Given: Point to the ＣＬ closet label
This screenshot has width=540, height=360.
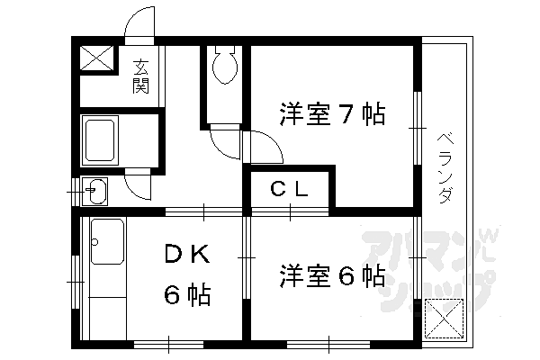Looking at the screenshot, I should point(291,190).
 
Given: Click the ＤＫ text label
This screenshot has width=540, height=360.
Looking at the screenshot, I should point(187,256).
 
